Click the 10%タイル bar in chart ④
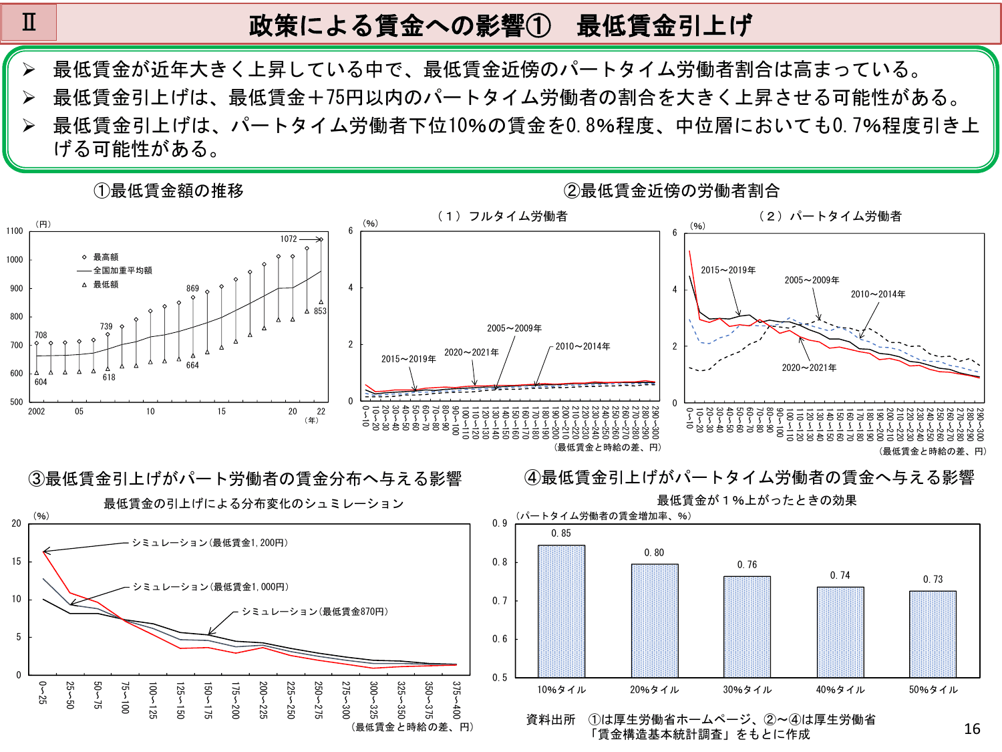click(561, 611)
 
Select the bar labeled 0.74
click(840, 632)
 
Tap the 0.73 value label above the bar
click(933, 580)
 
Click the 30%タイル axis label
click(747, 690)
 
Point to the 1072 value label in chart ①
click(289, 239)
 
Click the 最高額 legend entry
click(106, 257)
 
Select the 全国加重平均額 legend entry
click(122, 271)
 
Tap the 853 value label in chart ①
click(320, 311)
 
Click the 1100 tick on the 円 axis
click(15, 231)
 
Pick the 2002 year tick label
click(37, 412)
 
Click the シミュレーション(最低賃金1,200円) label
click(210, 543)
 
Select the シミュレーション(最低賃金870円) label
click(315, 612)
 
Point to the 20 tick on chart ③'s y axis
click(17, 523)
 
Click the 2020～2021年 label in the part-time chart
click(809, 368)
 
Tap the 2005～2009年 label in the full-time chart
click(514, 328)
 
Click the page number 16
click(972, 729)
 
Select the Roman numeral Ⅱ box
click(29, 22)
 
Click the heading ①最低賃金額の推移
click(168, 191)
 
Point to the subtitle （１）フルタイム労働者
click(502, 216)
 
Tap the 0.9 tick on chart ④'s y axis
click(500, 523)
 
